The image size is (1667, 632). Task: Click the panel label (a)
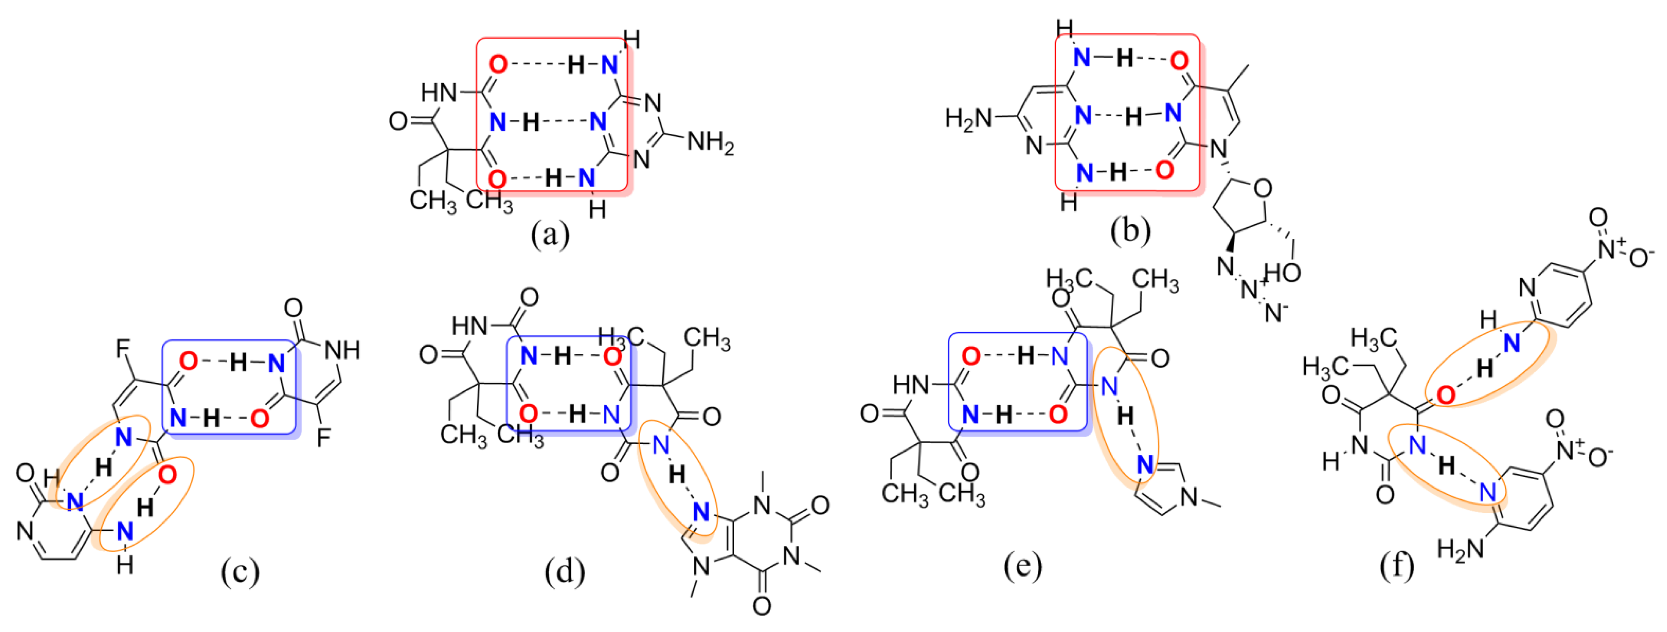550,234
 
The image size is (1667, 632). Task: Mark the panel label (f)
1396,565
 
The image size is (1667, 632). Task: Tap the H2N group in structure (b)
969,118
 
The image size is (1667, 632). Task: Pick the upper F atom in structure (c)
122,350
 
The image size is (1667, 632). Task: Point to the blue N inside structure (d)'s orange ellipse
701,512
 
